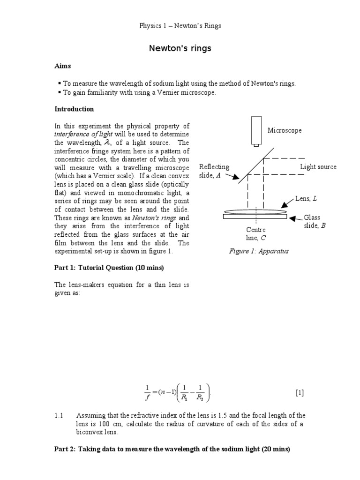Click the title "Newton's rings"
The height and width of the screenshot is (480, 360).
(x=180, y=48)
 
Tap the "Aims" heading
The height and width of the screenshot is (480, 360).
(x=63, y=67)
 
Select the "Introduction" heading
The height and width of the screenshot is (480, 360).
(x=74, y=109)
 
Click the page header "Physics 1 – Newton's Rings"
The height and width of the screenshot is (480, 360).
(x=180, y=26)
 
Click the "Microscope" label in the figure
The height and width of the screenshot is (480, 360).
(x=285, y=130)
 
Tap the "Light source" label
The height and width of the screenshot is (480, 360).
(x=318, y=167)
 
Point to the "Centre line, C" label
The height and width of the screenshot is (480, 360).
(x=256, y=233)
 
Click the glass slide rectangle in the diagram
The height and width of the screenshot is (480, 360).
(x=255, y=217)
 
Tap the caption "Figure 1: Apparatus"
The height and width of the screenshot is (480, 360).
(x=259, y=251)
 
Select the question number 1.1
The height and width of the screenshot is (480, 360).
(x=59, y=415)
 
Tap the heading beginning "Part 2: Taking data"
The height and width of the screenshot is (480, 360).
(x=172, y=449)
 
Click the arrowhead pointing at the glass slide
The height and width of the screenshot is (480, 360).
(x=292, y=218)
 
